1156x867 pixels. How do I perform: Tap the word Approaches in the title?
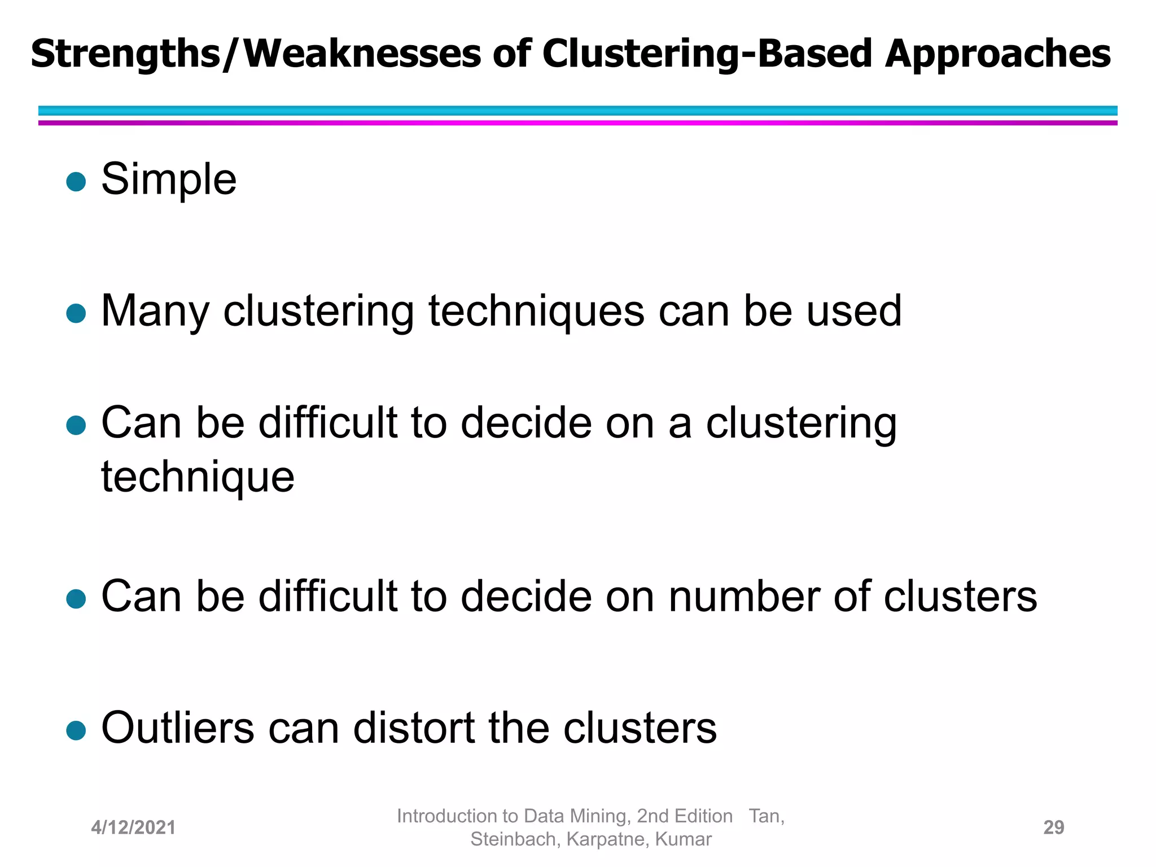(x=997, y=55)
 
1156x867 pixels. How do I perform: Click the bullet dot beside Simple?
(x=76, y=182)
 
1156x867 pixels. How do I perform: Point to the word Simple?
(x=169, y=179)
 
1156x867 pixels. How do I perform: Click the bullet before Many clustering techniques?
(x=76, y=313)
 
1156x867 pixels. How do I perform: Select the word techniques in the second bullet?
(x=536, y=311)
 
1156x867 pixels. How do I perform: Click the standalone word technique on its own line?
(x=198, y=477)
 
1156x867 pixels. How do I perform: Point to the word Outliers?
(x=178, y=728)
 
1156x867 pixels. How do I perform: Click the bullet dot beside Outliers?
(x=76, y=730)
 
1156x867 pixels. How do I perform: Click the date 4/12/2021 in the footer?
(x=133, y=827)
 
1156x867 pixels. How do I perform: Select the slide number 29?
(x=1053, y=827)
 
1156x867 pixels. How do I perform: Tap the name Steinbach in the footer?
(x=513, y=839)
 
